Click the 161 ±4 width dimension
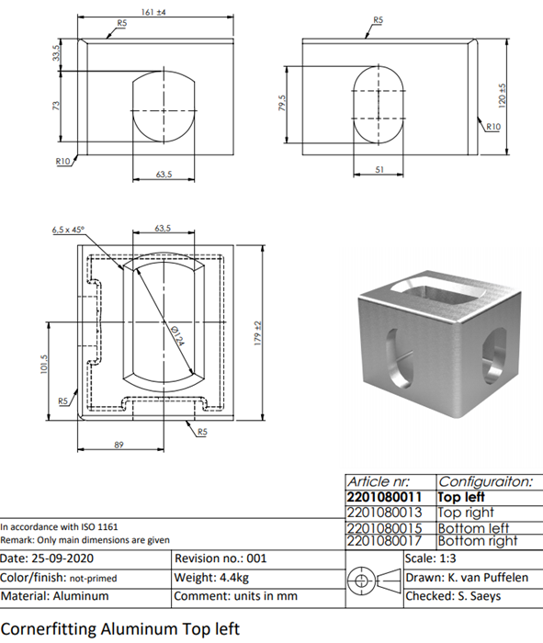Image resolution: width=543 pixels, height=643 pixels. click(153, 12)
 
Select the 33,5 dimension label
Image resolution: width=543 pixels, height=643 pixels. click(56, 52)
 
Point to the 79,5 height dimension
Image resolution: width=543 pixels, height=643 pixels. click(282, 103)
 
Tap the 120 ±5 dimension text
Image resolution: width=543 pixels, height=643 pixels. click(503, 96)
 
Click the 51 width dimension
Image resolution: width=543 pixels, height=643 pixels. click(379, 169)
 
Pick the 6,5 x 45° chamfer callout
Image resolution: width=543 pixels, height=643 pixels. click(69, 230)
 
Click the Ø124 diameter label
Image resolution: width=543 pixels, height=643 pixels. click(177, 335)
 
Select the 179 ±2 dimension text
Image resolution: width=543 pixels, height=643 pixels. click(257, 333)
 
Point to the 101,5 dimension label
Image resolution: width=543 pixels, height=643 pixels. click(44, 364)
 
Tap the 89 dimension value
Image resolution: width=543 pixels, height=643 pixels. click(119, 445)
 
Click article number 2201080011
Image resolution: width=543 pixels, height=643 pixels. click(384, 497)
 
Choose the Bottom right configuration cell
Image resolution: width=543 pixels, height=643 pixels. click(478, 541)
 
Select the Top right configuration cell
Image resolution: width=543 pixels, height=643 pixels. click(466, 513)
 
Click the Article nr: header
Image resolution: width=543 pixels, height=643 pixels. click(379, 481)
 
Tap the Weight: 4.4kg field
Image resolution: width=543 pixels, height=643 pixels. click(211, 578)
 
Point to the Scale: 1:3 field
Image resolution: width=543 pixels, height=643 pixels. click(430, 558)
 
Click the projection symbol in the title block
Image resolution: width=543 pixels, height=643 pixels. click(374, 581)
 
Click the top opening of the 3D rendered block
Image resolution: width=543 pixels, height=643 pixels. click(438, 292)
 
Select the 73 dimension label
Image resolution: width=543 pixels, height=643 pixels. click(56, 106)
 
